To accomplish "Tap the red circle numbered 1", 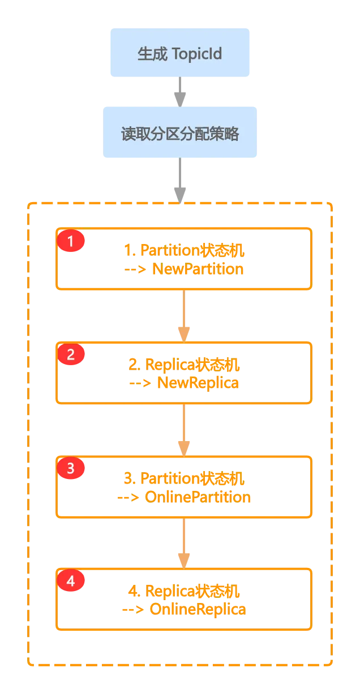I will click(71, 241).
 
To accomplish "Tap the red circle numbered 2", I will click(71, 354).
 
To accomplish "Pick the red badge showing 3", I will click(71, 468).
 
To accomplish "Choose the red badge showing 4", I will click(71, 581).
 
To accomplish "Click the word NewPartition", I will click(198, 269).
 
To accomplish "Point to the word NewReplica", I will click(198, 383).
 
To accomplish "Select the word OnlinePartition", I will click(198, 497).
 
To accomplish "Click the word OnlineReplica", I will click(198, 610).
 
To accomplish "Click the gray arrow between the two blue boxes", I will click(180, 92).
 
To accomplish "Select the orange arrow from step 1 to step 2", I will click(184, 316).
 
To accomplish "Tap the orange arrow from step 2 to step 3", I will click(184, 430).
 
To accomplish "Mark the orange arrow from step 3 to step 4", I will click(184, 543).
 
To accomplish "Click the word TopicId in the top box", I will click(196, 54).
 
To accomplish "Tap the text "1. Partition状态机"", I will click(184, 250).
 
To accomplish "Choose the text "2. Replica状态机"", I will click(184, 364).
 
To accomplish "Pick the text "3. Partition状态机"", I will click(184, 478).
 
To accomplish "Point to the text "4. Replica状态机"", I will click(184, 591).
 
